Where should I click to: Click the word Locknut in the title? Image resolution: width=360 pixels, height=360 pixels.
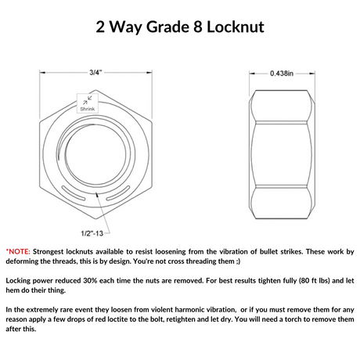(236, 27)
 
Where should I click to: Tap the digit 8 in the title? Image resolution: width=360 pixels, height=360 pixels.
(198, 27)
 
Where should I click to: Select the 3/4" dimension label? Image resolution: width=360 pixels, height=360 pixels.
(95, 73)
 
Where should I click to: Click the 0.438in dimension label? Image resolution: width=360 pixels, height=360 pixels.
(282, 74)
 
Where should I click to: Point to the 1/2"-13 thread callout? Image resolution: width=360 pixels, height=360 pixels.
(92, 233)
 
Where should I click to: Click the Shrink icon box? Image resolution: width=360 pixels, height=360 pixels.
(88, 103)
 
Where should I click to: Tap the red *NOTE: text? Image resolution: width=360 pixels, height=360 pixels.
(18, 252)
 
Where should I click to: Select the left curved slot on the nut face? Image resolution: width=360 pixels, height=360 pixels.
(74, 193)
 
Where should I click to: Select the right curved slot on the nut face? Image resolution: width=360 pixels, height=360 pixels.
(118, 193)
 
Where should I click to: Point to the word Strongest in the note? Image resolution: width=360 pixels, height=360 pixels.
(48, 252)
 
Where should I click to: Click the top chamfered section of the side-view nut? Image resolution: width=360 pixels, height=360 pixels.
(282, 106)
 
